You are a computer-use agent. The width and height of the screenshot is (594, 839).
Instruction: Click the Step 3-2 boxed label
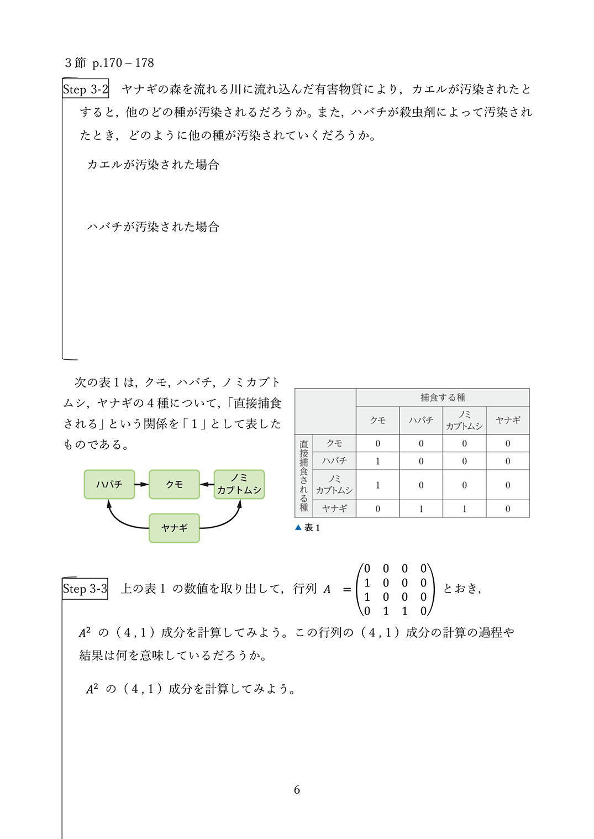point(85,89)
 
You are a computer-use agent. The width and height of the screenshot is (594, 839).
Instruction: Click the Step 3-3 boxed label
point(85,589)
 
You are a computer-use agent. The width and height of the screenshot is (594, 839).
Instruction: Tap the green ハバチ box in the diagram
point(109,484)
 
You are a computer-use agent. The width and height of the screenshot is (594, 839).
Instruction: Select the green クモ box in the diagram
point(174,484)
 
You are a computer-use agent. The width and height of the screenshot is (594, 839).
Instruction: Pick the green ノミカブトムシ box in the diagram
point(239,484)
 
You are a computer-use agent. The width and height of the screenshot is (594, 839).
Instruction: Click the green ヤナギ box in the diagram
point(174,528)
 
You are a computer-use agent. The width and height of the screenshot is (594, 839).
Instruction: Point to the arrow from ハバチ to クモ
point(141,484)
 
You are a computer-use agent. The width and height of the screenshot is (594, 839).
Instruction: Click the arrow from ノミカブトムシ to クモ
point(207,484)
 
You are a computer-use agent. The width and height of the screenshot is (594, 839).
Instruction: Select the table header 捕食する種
point(443,397)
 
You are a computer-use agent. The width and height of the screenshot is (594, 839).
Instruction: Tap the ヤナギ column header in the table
point(508,420)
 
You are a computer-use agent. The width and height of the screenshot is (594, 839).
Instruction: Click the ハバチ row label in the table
point(334,460)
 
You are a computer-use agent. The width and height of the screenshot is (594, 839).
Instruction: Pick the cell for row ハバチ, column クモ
point(378,460)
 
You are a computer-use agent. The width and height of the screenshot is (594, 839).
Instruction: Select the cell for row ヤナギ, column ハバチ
point(421,508)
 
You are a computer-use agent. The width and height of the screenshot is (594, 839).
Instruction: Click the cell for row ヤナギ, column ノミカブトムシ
point(464,508)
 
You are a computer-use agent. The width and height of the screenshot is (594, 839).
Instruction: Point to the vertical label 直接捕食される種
point(303,475)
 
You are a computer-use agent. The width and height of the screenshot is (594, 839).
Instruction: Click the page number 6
point(297,790)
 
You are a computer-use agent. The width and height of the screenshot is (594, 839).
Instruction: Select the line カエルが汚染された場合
point(153,165)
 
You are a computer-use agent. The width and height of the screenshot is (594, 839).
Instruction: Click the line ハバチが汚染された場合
point(153,227)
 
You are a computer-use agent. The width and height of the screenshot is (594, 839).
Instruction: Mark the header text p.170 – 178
point(123,63)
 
